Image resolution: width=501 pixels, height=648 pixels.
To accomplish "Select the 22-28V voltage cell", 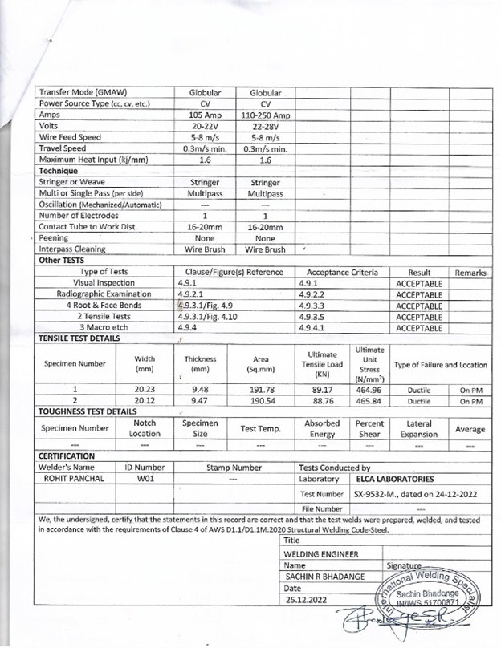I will [265, 126].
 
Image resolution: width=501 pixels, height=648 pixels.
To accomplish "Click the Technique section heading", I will [59, 171].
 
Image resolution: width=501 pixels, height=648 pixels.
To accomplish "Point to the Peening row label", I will [55, 238].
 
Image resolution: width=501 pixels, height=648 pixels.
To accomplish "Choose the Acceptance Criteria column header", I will [342, 273].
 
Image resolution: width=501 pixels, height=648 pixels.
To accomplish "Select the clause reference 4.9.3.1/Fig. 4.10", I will [206, 317].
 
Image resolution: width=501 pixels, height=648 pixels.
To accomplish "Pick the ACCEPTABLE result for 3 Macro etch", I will [419, 328].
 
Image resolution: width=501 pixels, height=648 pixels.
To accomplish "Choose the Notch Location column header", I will [145, 427].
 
